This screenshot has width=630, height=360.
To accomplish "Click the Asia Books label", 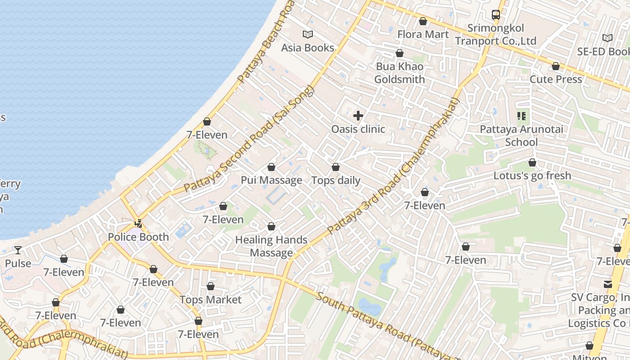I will click(x=308, y=48).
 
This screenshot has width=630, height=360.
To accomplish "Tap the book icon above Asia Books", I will click(x=308, y=34).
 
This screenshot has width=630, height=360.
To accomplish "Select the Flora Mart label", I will click(x=423, y=34).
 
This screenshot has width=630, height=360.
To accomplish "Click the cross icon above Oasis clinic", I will click(x=358, y=116).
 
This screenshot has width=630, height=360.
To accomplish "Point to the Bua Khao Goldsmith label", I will click(x=400, y=73).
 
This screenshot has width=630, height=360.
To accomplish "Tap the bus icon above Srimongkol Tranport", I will click(x=496, y=15).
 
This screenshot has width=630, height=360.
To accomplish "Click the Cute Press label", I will click(x=556, y=79).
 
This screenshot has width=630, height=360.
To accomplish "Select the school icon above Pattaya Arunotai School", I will click(x=522, y=117).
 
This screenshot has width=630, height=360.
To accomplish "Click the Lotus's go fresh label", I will click(x=532, y=175).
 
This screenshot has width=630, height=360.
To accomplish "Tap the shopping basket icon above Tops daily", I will click(x=336, y=167).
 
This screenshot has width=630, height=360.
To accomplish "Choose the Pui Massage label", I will click(x=271, y=180).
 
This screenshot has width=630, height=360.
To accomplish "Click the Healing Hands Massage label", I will click(x=271, y=246).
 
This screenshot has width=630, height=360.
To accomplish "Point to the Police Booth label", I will click(x=139, y=237).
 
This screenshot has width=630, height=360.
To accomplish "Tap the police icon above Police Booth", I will click(x=139, y=223).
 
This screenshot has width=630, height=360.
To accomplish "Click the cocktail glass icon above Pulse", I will click(x=18, y=250).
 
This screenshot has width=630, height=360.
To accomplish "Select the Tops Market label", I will click(x=211, y=300).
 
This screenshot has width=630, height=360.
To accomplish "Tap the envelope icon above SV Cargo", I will click(x=608, y=284).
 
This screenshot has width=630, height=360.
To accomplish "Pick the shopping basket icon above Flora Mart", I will click(x=423, y=21).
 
